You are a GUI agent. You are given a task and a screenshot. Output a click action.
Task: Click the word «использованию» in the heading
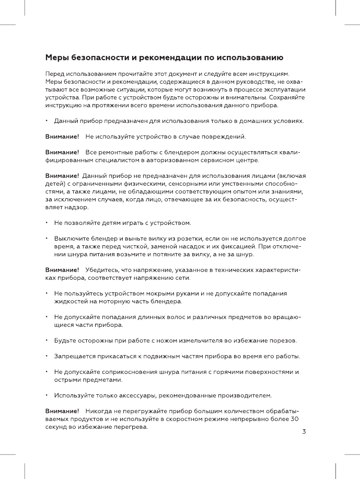click(250, 57)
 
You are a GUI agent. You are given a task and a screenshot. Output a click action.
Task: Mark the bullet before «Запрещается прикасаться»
click(47, 357)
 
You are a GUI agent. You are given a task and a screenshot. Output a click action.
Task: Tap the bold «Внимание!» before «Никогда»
click(62, 411)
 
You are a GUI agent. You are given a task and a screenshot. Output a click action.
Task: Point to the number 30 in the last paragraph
click(295, 419)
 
